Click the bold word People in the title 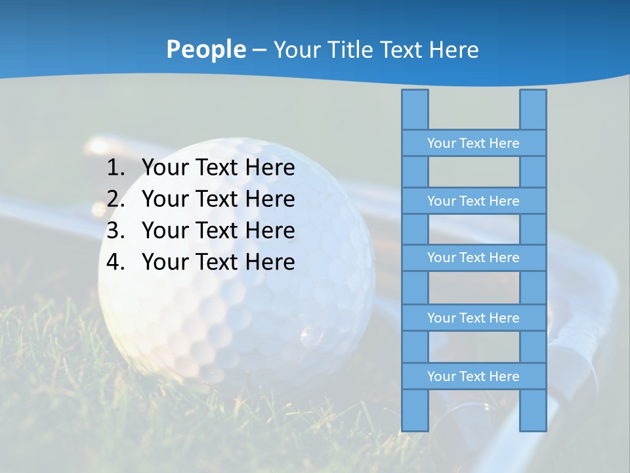(206, 49)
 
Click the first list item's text (218, 168)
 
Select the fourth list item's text (218, 262)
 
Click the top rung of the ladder (473, 143)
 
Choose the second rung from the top (473, 201)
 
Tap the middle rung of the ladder (473, 258)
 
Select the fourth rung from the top (473, 318)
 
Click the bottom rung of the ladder (473, 376)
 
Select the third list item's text (218, 231)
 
